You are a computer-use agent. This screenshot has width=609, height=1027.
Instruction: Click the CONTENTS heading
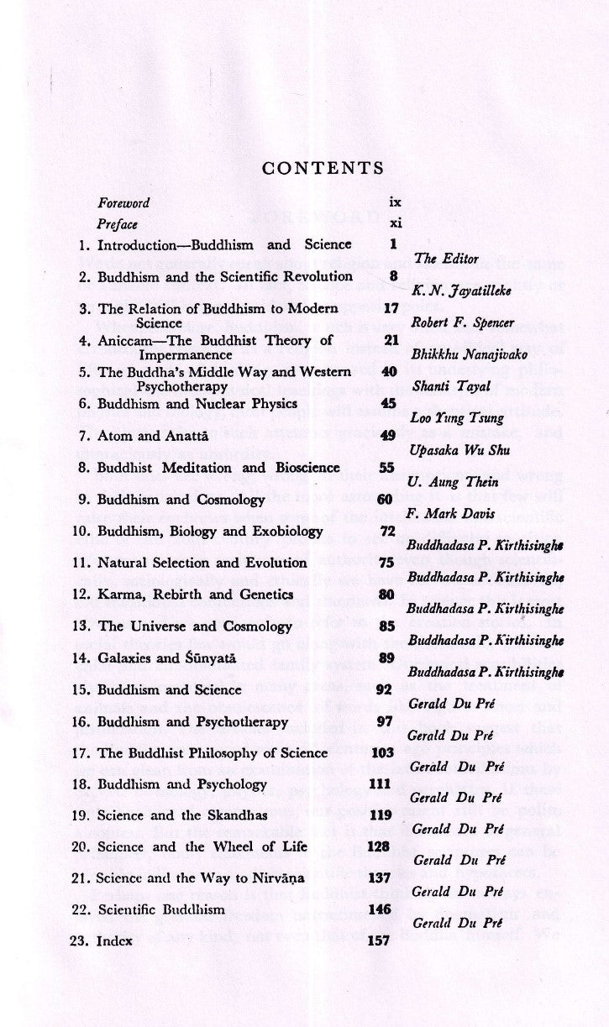tap(323, 168)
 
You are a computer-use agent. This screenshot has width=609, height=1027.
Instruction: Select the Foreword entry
tap(123, 203)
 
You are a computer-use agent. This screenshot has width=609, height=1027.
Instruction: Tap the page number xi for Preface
tap(396, 224)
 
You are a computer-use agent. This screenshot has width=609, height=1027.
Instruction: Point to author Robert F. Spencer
tap(457, 322)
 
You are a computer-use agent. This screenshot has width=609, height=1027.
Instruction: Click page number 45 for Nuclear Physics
tap(388, 403)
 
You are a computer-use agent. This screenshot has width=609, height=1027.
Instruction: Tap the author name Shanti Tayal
tap(451, 386)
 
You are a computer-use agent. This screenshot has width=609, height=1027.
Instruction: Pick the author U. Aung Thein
tap(452, 482)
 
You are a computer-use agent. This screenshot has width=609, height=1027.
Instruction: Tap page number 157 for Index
tap(379, 941)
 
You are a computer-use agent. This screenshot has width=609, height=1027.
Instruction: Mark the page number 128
tap(380, 846)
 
